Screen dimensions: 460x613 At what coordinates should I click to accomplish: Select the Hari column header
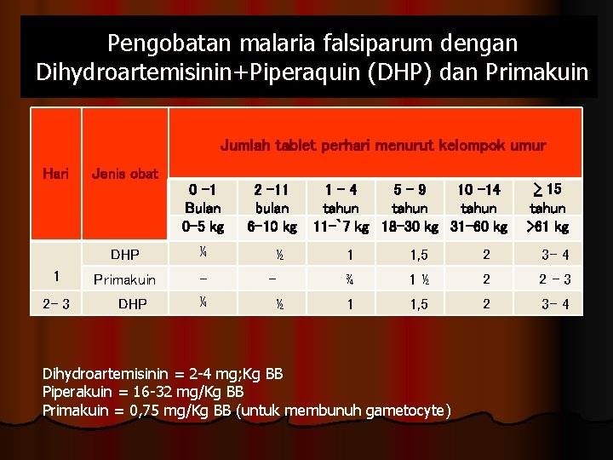(55, 173)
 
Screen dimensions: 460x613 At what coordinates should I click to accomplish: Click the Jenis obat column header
(124, 174)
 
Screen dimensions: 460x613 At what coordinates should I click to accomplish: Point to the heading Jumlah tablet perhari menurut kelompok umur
(383, 146)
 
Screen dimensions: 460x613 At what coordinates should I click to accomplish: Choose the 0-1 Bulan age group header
(203, 198)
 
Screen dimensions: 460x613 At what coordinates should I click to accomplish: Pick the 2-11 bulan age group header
(272, 198)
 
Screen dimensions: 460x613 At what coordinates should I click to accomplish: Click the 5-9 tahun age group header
(410, 198)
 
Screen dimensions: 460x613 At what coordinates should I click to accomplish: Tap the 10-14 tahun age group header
(478, 198)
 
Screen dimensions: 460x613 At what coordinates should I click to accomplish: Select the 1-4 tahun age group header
(341, 198)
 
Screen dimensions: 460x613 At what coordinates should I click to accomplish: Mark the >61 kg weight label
(547, 227)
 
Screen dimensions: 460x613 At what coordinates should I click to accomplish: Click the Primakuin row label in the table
(124, 279)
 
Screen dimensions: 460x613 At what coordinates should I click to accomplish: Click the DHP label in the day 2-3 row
(132, 303)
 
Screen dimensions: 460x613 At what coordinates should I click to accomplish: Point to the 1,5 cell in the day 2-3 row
(417, 303)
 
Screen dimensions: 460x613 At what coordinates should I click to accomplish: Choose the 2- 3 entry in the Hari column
(55, 303)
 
